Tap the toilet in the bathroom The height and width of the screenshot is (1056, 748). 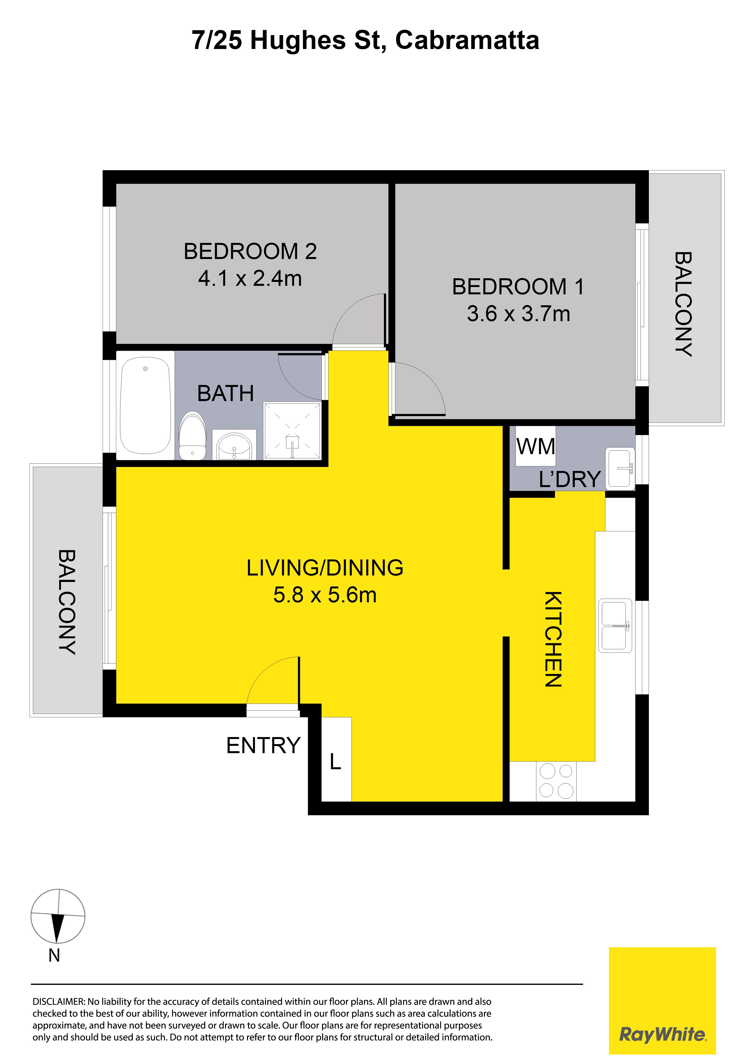(x=192, y=435)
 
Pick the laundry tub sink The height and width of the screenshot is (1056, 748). (x=620, y=468)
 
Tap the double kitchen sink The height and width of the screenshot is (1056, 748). (x=615, y=625)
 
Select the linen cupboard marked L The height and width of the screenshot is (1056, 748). (x=336, y=759)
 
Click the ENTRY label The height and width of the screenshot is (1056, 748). (x=264, y=746)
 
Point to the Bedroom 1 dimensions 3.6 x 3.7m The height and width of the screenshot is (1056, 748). (x=519, y=314)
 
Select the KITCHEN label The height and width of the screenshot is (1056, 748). (x=553, y=639)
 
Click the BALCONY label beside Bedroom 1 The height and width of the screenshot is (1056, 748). (x=683, y=304)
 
